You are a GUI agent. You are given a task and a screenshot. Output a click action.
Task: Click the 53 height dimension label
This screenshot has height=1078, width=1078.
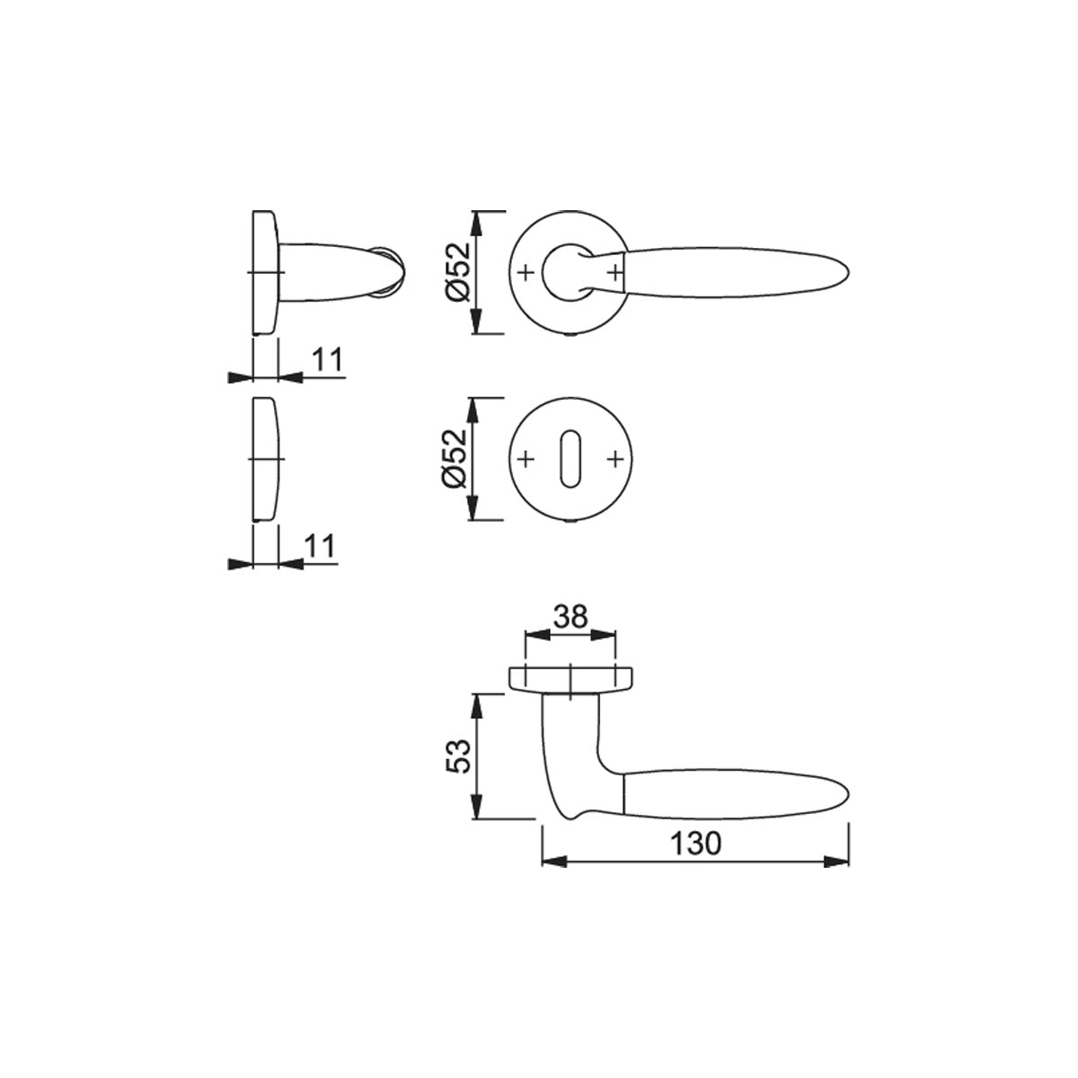tap(457, 756)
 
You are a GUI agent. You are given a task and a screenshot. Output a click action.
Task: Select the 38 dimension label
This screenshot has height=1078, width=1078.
tap(570, 616)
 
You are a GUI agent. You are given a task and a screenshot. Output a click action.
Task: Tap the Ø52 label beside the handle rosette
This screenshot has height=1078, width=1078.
tap(458, 272)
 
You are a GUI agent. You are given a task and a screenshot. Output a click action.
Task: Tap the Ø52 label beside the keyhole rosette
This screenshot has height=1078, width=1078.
tap(454, 458)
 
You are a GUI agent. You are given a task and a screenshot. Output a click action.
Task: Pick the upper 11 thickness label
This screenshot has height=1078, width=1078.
tap(327, 359)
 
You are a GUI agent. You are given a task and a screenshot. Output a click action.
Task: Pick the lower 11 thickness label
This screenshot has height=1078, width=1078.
tap(320, 545)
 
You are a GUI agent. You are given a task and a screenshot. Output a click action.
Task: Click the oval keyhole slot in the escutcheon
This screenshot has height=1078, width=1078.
tap(570, 458)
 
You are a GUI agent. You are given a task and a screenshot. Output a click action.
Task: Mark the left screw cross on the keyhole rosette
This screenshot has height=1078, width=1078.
tap(526, 459)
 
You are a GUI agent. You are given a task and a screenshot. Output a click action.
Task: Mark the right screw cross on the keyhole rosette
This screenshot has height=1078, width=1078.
tap(614, 459)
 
